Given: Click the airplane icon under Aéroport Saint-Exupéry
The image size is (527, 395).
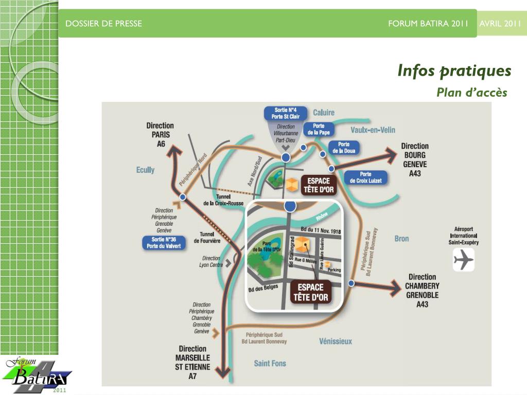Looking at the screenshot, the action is coord(463,259).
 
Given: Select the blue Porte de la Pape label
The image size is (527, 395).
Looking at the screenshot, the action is coord(319,129).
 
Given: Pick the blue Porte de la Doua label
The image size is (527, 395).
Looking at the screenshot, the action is coord(343,148).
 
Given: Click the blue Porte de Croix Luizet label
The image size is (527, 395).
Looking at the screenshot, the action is coord(365,177).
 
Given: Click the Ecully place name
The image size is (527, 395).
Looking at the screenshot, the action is coord(145,170).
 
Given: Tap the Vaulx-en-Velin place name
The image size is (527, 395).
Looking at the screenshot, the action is coord(373,130).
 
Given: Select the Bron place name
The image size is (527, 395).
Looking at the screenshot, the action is coord(401,238).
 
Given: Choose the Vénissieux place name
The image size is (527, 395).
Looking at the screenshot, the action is coord(336,341).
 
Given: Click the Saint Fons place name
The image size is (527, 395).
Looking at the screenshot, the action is coord(270,363).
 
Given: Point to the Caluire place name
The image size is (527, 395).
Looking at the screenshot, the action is coord(324,112).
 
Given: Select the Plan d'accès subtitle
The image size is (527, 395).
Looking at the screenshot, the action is coord(471,93).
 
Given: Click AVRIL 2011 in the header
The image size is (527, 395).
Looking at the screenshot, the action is coord(500,24).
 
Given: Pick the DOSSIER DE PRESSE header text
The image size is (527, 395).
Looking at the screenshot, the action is coord(104,24).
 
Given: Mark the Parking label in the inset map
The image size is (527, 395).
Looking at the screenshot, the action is coord(334,270).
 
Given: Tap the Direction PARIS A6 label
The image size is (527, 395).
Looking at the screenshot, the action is coord(160,135).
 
